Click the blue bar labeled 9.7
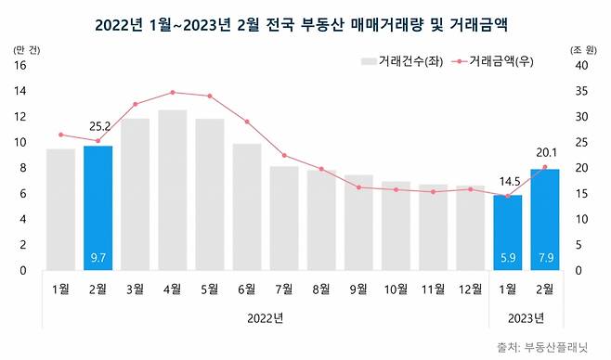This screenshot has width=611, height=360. click(97, 208)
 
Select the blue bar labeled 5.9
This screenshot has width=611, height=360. click(507, 232)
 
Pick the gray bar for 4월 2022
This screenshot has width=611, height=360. click(172, 190)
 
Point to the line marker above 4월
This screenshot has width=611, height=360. click(172, 93)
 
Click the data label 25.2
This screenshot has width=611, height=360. click(97, 127)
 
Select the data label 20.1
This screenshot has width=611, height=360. click(547, 153)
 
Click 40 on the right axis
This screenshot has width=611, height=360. click(580, 66)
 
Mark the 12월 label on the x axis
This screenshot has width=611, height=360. click(470, 288)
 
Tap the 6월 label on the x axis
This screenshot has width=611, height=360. click(246, 288)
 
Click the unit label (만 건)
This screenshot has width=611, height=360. click(24, 49)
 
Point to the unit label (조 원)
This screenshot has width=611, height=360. click(579, 49)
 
